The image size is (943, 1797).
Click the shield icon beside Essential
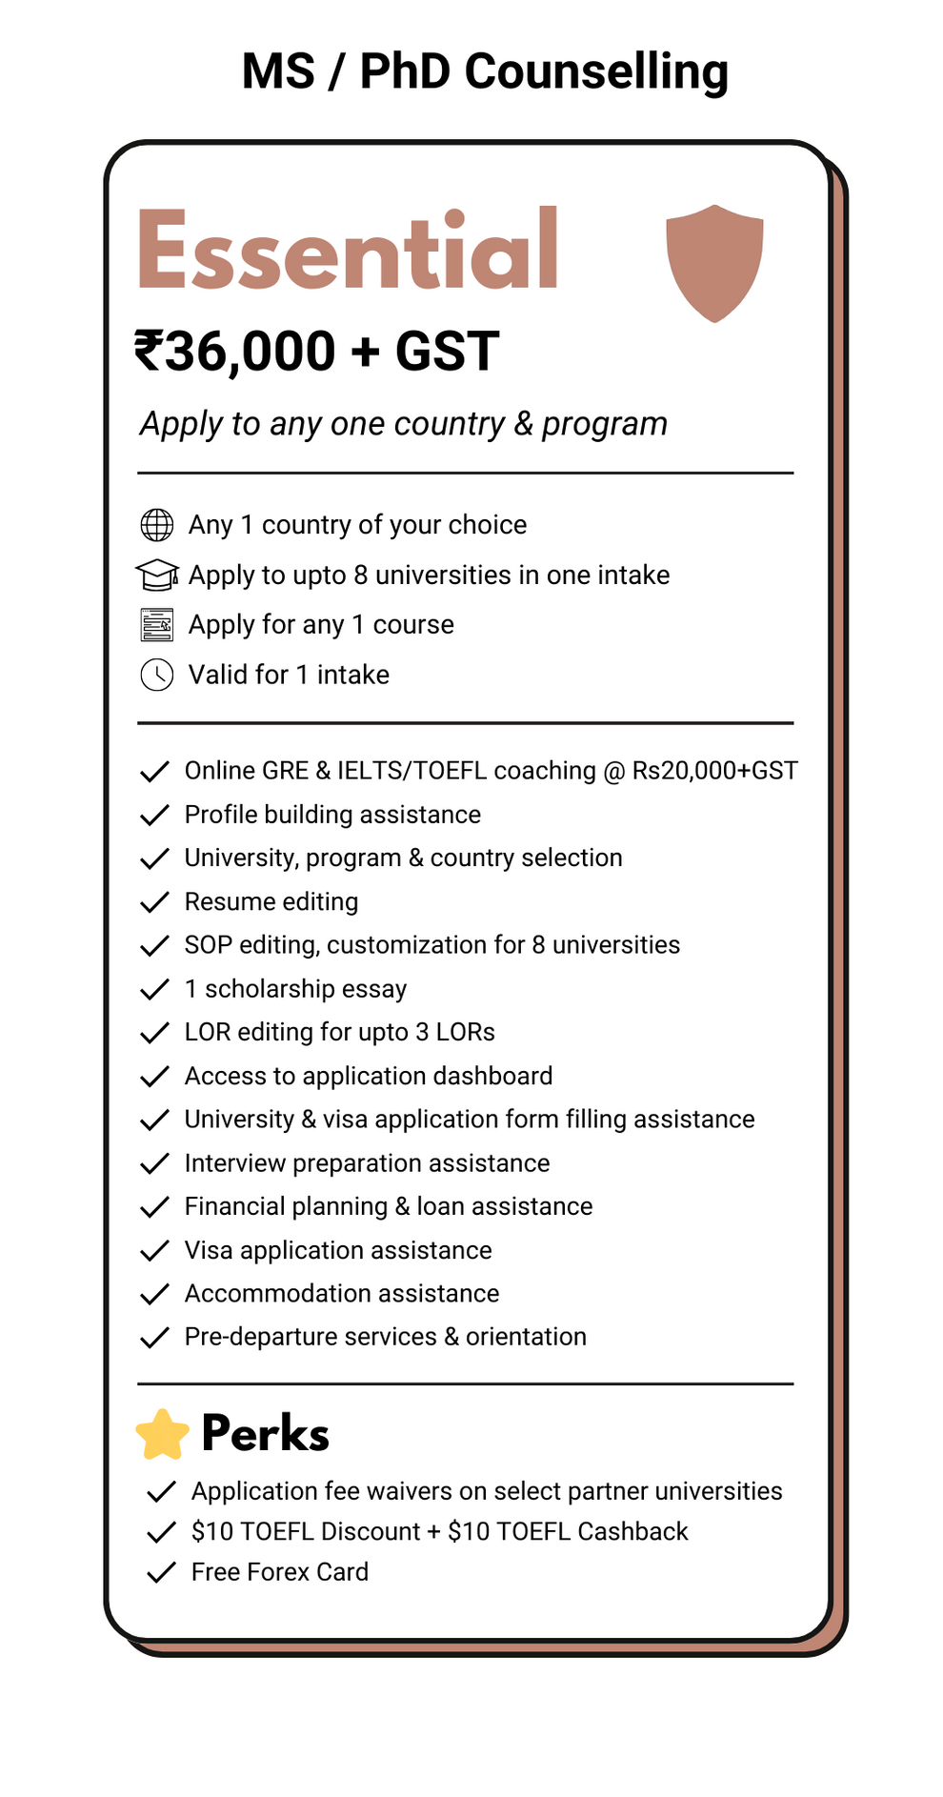coord(714,262)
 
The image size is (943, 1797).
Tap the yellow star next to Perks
coord(163,1435)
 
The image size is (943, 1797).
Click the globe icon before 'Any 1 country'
coord(157,525)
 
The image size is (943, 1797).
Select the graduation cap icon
coord(157,575)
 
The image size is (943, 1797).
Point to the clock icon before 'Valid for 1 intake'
coord(157,675)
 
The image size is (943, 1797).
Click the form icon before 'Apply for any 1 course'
coord(157,625)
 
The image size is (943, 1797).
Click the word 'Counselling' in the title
coord(596,71)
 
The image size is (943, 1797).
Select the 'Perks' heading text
coord(265,1434)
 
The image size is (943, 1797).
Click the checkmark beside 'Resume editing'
coord(154,902)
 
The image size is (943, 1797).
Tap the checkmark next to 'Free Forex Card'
coord(161,1572)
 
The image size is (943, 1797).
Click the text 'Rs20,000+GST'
coord(714,770)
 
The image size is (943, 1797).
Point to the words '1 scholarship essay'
coord(295,989)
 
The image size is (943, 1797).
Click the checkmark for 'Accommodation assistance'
coord(154,1294)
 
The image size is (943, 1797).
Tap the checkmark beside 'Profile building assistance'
coord(154,816)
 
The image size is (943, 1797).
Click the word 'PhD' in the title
coord(404,71)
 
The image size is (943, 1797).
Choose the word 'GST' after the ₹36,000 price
coord(447,351)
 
